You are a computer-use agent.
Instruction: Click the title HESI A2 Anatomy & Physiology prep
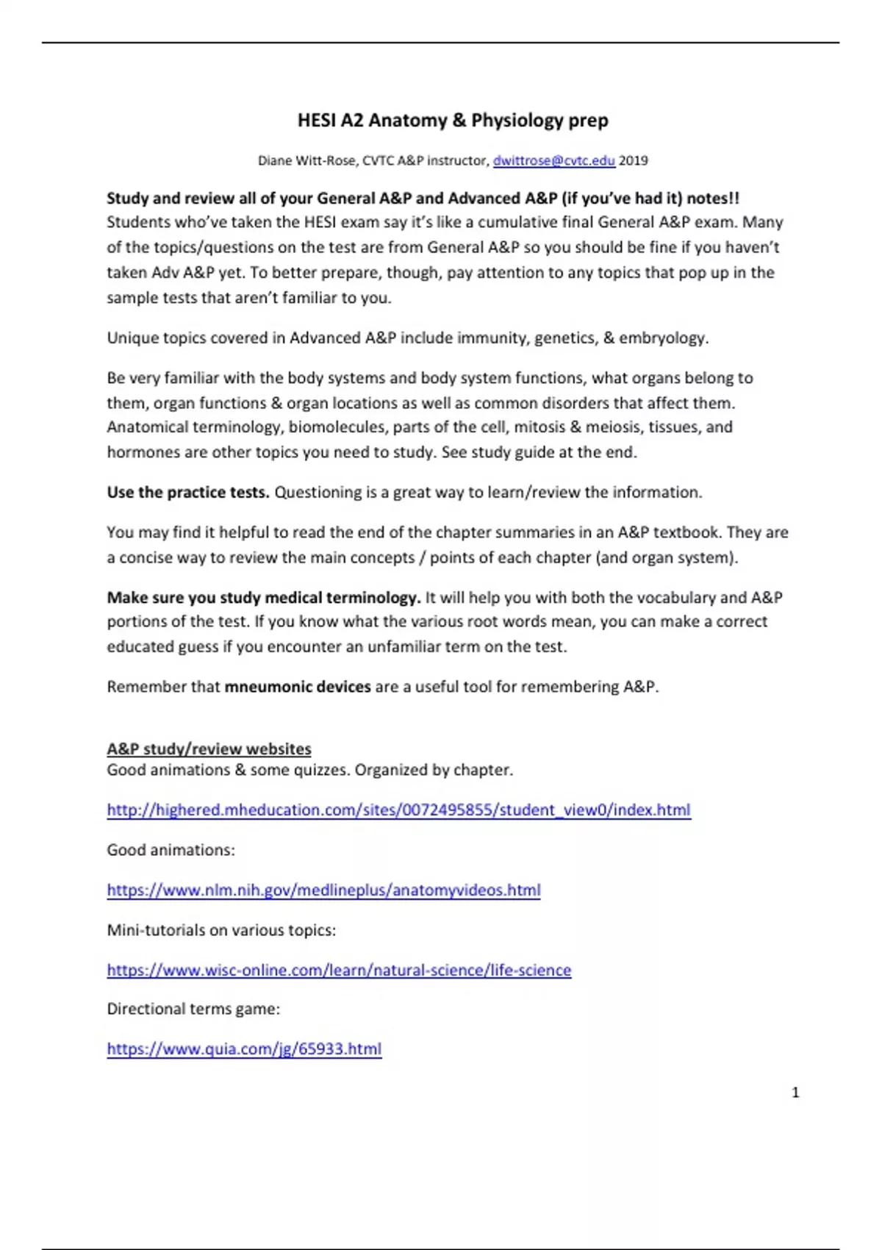click(453, 120)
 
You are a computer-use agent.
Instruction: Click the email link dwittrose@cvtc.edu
click(553, 160)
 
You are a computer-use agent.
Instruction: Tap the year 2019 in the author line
click(634, 160)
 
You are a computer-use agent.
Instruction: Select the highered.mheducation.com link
click(398, 810)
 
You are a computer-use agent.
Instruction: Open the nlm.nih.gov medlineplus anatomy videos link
click(323, 890)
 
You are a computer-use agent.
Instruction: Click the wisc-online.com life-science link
click(339, 970)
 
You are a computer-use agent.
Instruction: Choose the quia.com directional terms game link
click(244, 1049)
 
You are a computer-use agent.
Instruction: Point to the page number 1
click(795, 1093)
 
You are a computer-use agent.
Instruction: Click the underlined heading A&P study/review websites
click(209, 749)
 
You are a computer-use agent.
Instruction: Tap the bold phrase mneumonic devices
click(297, 687)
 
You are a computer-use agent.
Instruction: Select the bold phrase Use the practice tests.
click(188, 492)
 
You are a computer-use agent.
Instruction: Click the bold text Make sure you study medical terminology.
click(264, 597)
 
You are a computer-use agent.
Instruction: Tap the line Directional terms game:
click(193, 1009)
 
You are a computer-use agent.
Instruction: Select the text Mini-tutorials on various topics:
click(221, 930)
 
